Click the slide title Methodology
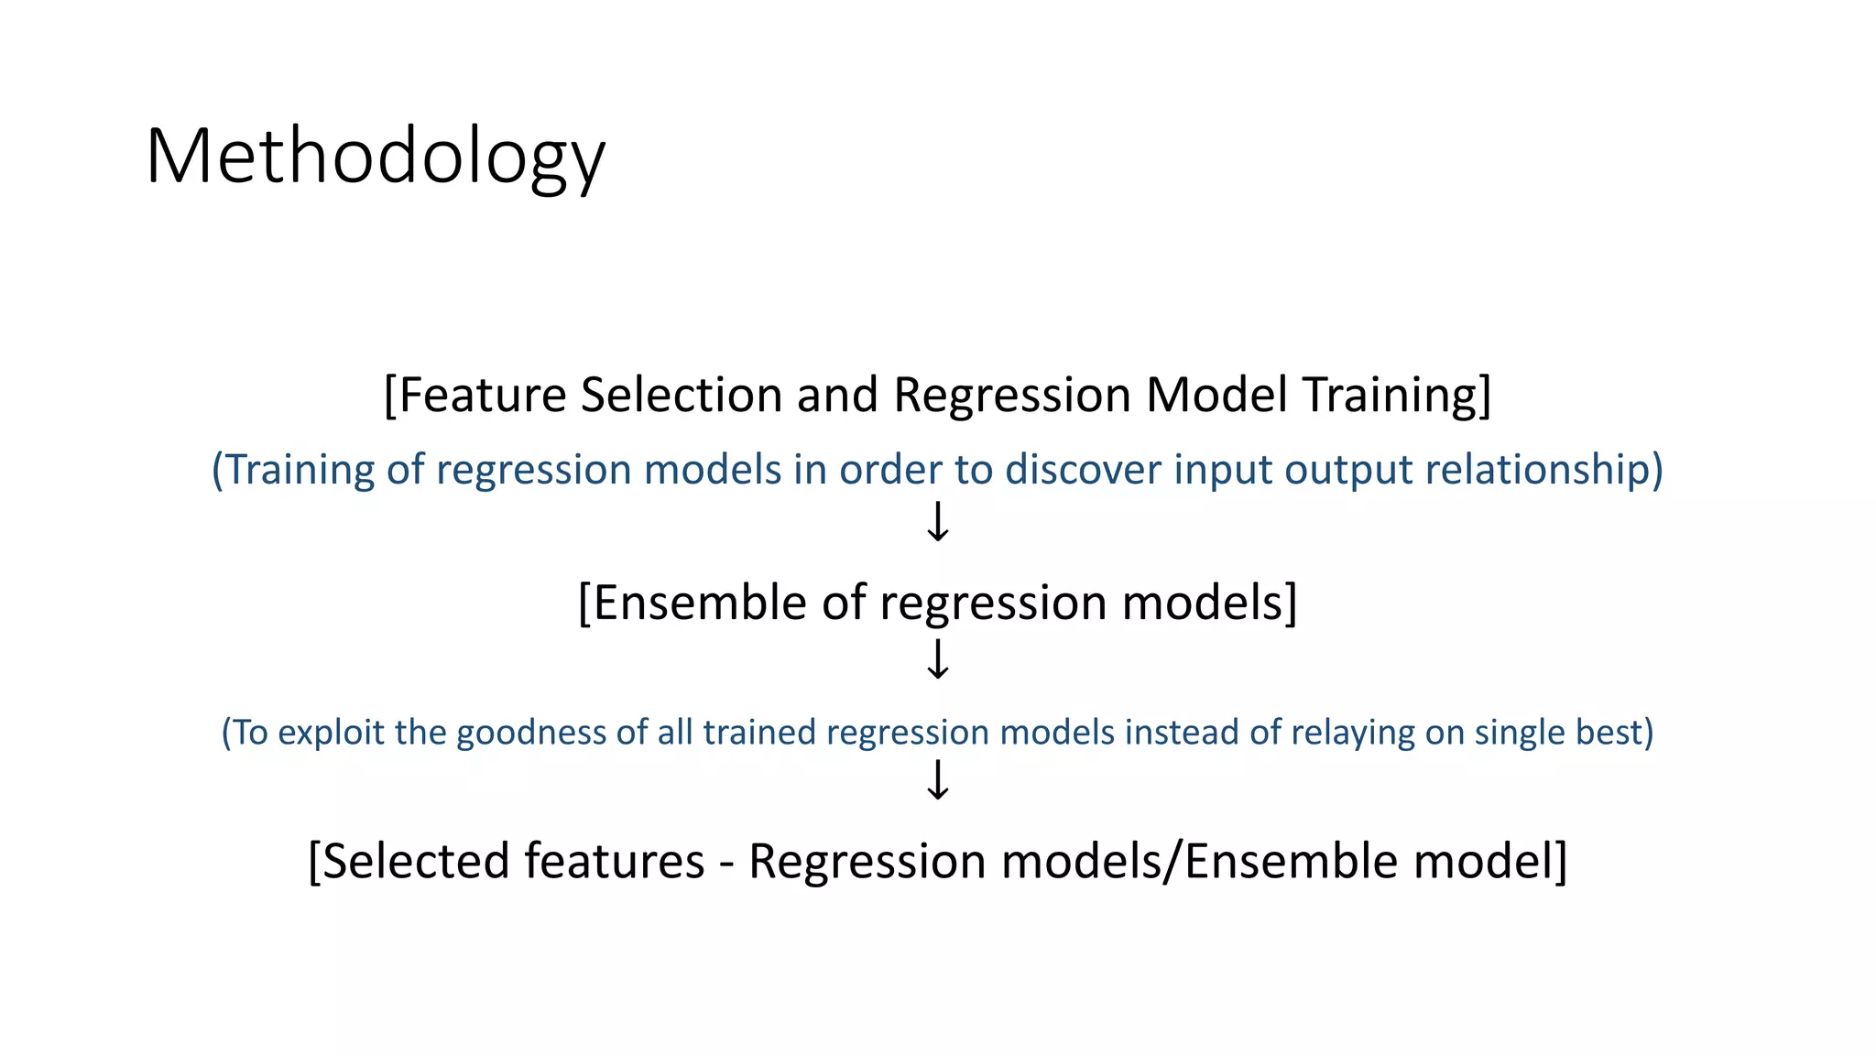375,158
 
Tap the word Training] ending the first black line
1397,396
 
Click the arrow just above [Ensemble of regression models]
937,522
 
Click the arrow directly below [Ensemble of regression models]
937,659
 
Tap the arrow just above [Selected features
937,781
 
